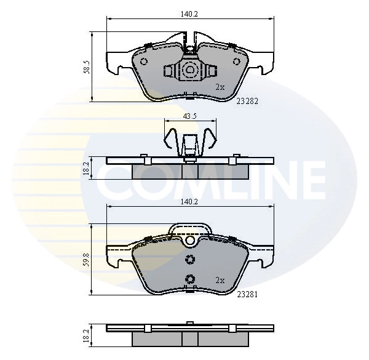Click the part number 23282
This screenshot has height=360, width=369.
pos(247,102)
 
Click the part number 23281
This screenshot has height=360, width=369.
pos(247,294)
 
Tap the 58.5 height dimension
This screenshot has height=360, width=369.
pos(87,67)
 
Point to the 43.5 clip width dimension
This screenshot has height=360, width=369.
pos(189,116)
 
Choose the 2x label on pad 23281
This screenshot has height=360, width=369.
pos(220,281)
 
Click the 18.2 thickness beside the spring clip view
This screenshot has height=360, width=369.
pos(87,167)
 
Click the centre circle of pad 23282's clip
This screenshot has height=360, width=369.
pos(190,71)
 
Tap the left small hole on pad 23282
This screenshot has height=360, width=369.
pos(145,62)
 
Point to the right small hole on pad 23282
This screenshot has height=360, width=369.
pos(236,62)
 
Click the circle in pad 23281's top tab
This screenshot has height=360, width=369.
pos(190,241)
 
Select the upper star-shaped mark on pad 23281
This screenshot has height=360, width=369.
pos(190,259)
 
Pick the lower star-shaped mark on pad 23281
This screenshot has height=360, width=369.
pos(190,278)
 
